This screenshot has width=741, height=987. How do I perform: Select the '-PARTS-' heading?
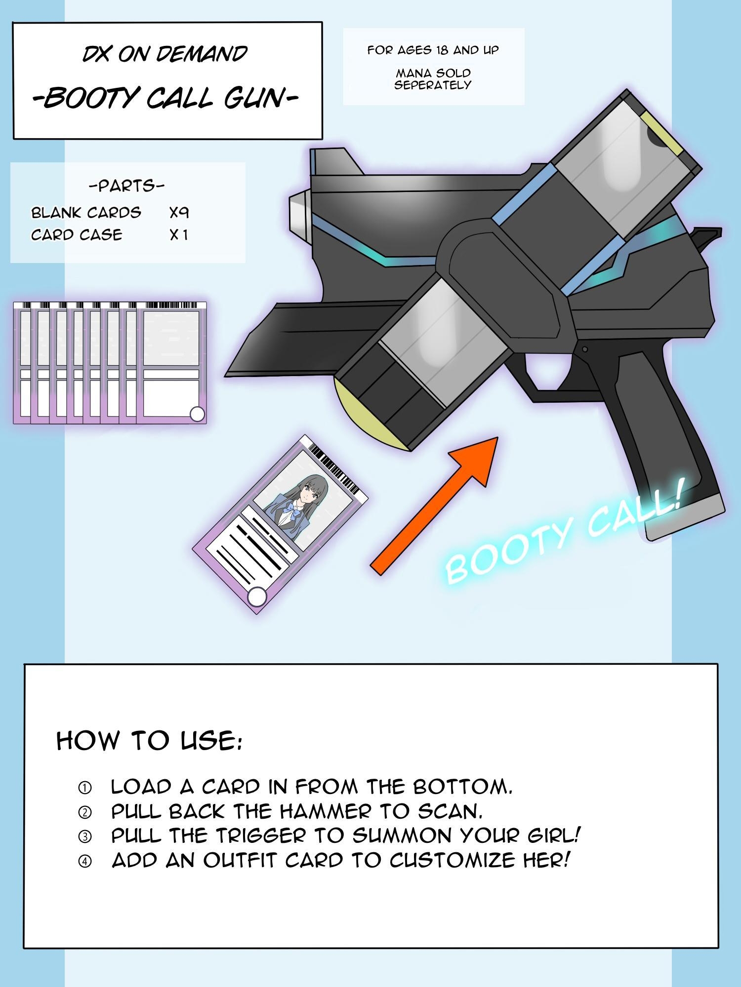click(126, 186)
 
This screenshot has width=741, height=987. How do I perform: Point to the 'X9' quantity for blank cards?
click(179, 213)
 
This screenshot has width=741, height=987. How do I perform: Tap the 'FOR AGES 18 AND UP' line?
click(433, 50)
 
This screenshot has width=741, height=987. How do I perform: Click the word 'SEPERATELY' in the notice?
click(433, 85)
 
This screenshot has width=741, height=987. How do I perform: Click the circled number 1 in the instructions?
click(85, 788)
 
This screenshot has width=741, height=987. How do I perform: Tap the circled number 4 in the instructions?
click(85, 862)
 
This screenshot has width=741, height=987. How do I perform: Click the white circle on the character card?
click(256, 597)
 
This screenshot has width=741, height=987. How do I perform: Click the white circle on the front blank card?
click(197, 414)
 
